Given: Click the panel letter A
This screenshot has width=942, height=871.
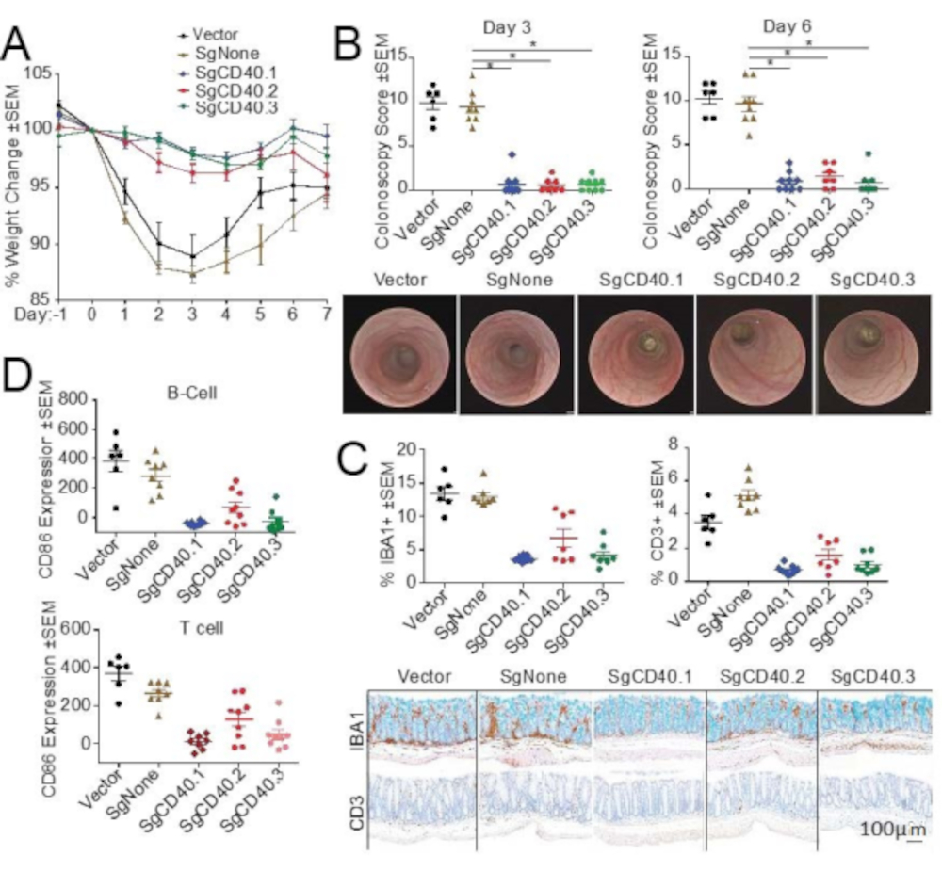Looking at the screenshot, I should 22,42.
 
